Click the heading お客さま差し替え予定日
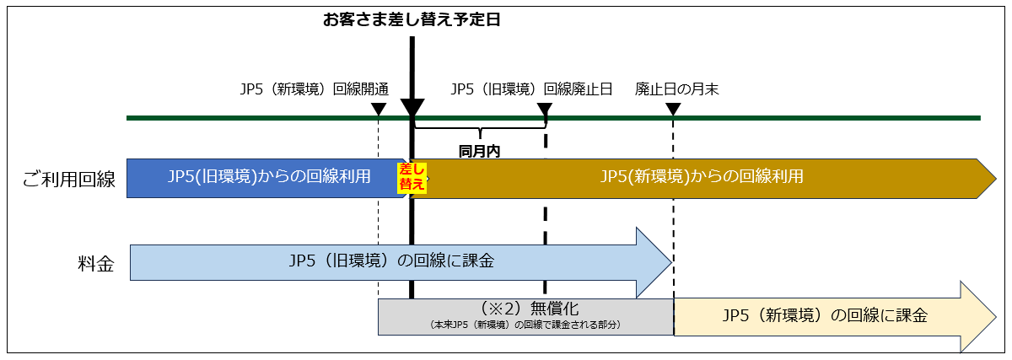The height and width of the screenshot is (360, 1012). (x=412, y=19)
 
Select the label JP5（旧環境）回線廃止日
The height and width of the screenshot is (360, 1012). (x=531, y=89)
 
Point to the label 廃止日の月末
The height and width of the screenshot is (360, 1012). (x=676, y=89)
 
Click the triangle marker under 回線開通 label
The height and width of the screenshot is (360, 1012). (x=379, y=109)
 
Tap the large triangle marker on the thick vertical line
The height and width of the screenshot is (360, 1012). (x=412, y=109)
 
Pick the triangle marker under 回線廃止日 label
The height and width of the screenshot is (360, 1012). (x=545, y=109)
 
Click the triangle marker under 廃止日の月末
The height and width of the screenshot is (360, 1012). (x=673, y=109)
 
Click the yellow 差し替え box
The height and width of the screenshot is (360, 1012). (x=412, y=178)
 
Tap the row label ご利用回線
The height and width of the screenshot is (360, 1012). (x=70, y=178)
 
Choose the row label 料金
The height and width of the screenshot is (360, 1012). (x=91, y=262)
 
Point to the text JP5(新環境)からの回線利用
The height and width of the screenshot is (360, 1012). (x=701, y=177)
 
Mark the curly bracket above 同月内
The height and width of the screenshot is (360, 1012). (x=480, y=131)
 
